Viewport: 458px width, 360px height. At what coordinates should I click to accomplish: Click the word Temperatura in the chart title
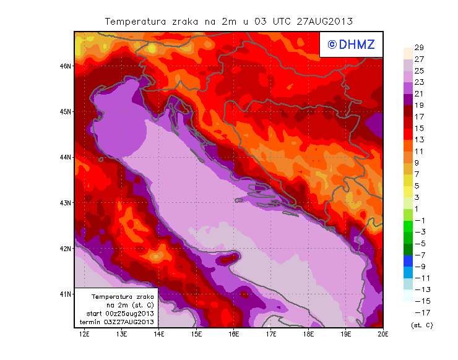click(x=132, y=21)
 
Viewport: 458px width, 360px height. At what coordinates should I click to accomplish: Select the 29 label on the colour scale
click(x=419, y=48)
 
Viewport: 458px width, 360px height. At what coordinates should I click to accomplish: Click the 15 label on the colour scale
click(x=419, y=128)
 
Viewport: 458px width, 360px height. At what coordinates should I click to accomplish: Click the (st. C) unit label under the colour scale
click(x=421, y=325)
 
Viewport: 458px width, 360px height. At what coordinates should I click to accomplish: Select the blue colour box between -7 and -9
click(x=408, y=260)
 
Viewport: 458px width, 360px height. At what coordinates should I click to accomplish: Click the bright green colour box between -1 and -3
click(x=408, y=226)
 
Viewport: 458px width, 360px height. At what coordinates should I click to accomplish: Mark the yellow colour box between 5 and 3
click(x=408, y=191)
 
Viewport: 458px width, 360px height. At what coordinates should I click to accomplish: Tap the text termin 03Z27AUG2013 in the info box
click(x=117, y=322)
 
